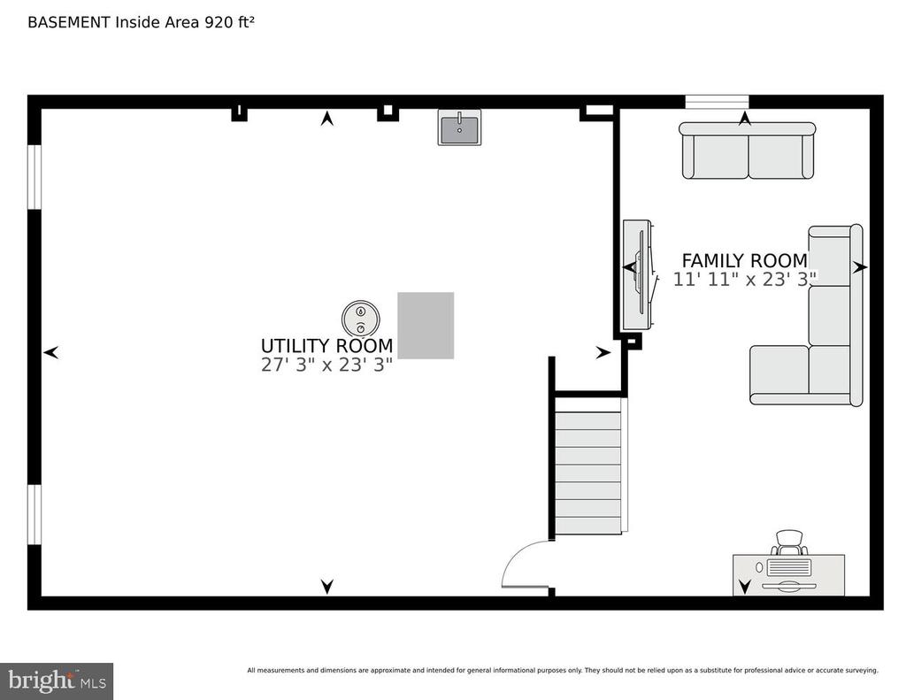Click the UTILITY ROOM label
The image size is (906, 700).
(x=327, y=346)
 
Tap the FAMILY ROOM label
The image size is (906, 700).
(x=745, y=261)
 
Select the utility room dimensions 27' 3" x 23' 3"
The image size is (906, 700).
(x=327, y=365)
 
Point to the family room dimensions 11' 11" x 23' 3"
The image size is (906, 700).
(x=745, y=280)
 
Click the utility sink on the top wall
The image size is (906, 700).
(x=459, y=127)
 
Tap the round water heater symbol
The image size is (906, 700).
(x=361, y=319)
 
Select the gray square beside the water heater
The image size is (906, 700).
(x=426, y=326)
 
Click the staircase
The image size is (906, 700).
(x=588, y=465)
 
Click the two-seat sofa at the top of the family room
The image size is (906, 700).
(x=747, y=150)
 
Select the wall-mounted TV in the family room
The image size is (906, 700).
(x=639, y=274)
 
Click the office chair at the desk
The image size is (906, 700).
(x=789, y=542)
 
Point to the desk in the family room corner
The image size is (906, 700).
(x=788, y=575)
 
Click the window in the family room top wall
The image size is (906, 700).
(x=717, y=103)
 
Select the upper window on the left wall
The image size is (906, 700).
(x=35, y=177)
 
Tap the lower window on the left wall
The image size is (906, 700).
(x=35, y=514)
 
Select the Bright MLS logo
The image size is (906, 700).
(x=57, y=681)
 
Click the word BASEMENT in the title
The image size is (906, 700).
(x=69, y=22)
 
